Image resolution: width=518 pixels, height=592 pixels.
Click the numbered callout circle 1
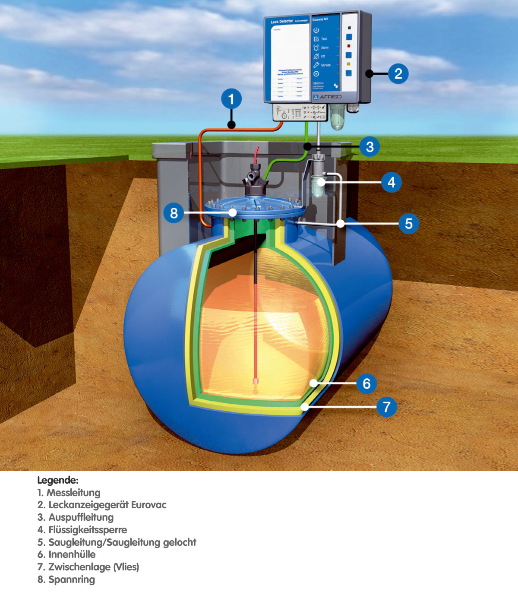pyautogui.click(x=231, y=99)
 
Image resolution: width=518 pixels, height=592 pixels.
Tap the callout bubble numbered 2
pyautogui.click(x=398, y=73)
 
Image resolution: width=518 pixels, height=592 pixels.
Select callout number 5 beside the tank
pyautogui.click(x=408, y=224)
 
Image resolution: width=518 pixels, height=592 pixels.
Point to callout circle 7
pyautogui.click(x=386, y=407)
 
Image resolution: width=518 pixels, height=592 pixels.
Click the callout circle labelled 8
pyautogui.click(x=174, y=213)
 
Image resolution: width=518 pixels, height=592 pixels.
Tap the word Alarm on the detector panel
pyautogui.click(x=325, y=47)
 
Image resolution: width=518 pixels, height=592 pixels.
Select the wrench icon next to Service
pyautogui.click(x=316, y=65)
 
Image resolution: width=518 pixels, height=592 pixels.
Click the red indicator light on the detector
pyautogui.click(x=349, y=46)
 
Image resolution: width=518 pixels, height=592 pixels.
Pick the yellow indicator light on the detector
pyautogui.click(x=349, y=64)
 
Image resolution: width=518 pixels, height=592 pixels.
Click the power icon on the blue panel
pyautogui.click(x=316, y=30)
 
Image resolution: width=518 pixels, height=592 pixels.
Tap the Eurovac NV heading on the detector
pyautogui.click(x=320, y=19)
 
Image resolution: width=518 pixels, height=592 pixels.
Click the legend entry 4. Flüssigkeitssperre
pyautogui.click(x=82, y=530)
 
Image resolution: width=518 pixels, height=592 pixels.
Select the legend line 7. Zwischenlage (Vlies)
pyautogui.click(x=88, y=567)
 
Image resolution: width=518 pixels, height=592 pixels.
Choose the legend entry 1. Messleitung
pyautogui.click(x=69, y=493)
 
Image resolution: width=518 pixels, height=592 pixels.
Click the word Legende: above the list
pyautogui.click(x=57, y=480)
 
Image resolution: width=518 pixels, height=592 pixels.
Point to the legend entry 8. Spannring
pyautogui.click(x=66, y=579)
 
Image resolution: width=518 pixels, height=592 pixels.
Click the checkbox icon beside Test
pyautogui.click(x=316, y=39)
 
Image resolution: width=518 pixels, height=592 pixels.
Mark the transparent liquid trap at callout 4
pyautogui.click(x=319, y=184)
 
